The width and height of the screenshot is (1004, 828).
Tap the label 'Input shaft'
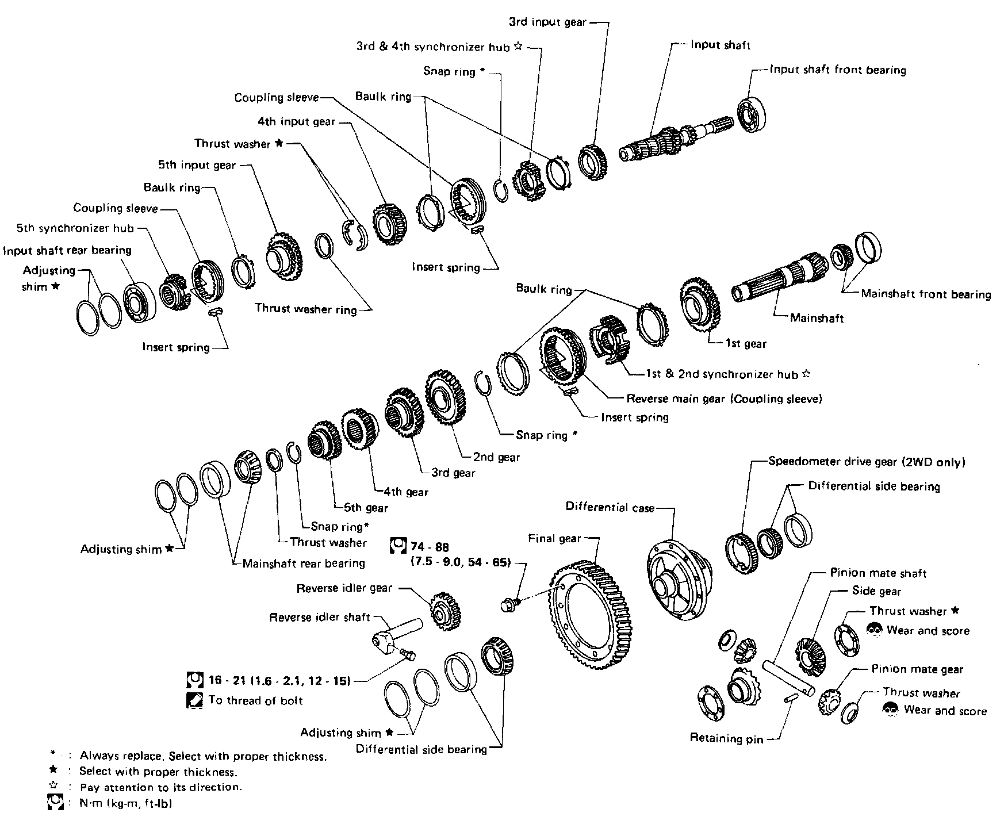point(721,45)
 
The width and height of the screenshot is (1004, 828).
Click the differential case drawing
point(679,581)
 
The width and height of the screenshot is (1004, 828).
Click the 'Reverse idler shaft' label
point(320,618)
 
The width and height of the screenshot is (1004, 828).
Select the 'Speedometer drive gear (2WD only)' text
point(867,462)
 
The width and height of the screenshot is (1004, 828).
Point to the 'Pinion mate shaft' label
point(878,573)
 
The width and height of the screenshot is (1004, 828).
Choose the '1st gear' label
point(746,344)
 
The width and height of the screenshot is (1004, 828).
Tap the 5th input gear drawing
point(285,256)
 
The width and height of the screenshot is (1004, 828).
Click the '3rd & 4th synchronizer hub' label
point(433,47)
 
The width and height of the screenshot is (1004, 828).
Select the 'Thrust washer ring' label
point(306,309)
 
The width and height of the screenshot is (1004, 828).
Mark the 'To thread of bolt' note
point(255,700)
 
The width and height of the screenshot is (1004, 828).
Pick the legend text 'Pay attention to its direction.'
point(160,787)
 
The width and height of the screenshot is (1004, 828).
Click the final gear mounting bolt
point(509,604)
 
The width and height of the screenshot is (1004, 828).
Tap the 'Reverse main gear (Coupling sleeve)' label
point(724,398)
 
